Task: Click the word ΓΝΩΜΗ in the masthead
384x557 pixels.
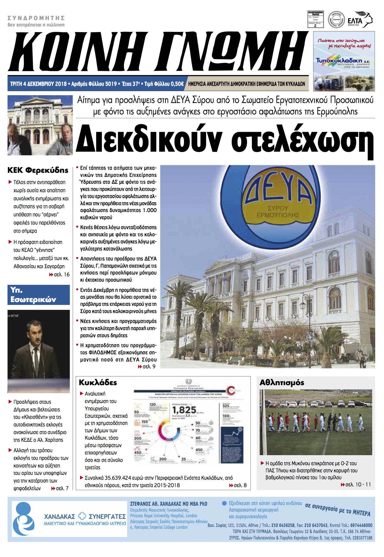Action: (x=230, y=52)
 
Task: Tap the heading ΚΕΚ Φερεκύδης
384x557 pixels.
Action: (x=38, y=170)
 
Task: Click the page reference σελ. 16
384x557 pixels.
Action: (x=61, y=275)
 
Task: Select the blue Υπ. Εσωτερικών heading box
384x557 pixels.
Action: (x=39, y=295)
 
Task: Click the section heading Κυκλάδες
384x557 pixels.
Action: (x=98, y=382)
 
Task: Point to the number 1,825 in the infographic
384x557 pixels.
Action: (x=184, y=410)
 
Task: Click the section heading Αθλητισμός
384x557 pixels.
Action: (x=282, y=382)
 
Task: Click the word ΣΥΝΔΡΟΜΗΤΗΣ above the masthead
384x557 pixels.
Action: (x=36, y=18)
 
